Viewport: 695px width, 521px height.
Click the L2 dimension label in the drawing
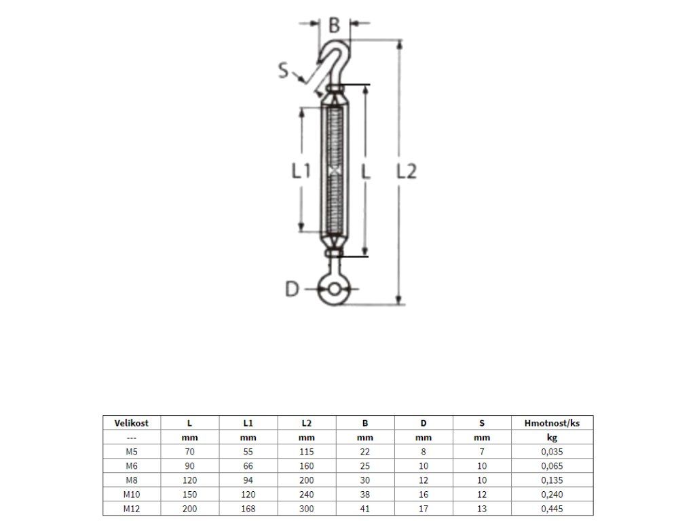[x=406, y=172]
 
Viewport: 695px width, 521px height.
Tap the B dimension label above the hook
[x=334, y=26]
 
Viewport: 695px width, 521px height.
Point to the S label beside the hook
[x=284, y=70]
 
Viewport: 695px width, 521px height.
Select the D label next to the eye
[x=292, y=290]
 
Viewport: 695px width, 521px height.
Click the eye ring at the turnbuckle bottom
[x=334, y=290]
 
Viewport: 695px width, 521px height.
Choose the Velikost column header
[x=132, y=423]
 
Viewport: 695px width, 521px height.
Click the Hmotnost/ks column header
[x=552, y=423]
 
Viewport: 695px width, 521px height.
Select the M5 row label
[x=132, y=452]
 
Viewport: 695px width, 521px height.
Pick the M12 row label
[x=132, y=509]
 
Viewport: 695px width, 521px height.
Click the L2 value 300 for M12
[x=306, y=509]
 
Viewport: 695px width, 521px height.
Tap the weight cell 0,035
[x=552, y=452]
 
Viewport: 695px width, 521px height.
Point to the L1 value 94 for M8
[x=248, y=480]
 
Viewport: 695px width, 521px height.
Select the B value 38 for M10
[x=365, y=495]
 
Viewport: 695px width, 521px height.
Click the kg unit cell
[x=552, y=438]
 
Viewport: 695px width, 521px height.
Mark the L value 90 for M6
[x=190, y=466]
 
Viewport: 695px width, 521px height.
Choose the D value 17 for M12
[x=424, y=509]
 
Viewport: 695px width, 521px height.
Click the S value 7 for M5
[x=482, y=452]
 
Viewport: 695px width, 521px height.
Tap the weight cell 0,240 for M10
[x=552, y=495]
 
